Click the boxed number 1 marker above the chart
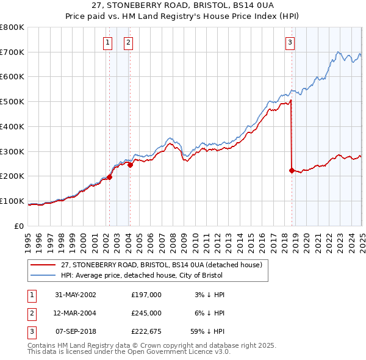click(x=107, y=42)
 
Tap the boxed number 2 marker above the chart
click(x=129, y=42)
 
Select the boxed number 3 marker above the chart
click(x=290, y=42)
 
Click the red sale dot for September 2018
click(x=292, y=170)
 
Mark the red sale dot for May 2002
click(x=110, y=177)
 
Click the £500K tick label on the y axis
click(x=12, y=102)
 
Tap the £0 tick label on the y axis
click(x=20, y=226)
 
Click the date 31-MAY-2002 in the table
click(x=76, y=295)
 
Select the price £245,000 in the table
click(x=146, y=313)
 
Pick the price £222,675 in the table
click(x=146, y=332)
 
